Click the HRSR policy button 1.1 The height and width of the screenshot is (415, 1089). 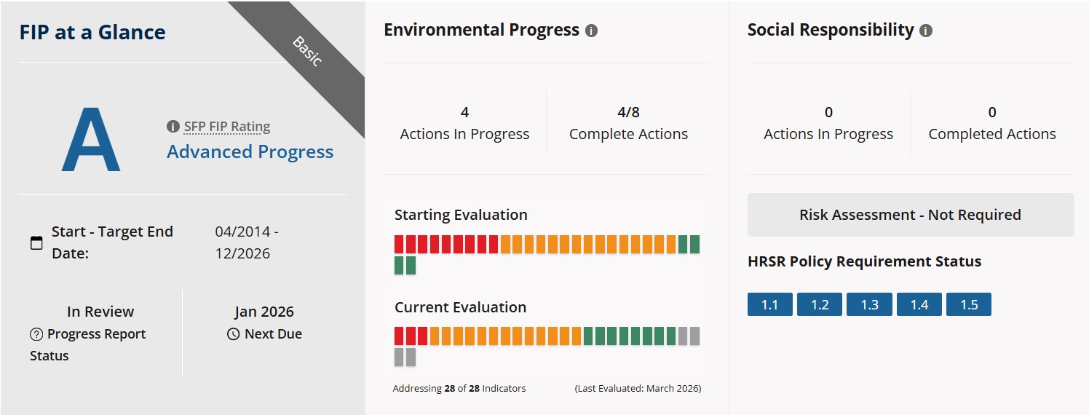coord(770,304)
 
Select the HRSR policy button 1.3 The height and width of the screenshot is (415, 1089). coord(869,304)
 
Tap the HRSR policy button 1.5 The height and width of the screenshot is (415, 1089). coord(969,304)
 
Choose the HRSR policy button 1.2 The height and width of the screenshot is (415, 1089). coord(820,304)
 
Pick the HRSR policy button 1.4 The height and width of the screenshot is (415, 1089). coord(919,304)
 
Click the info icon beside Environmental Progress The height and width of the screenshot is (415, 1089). coord(591,31)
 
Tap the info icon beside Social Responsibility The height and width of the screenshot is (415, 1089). coord(926,31)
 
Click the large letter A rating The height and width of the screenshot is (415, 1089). coord(91,139)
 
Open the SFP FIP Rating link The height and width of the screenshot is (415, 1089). coord(226,127)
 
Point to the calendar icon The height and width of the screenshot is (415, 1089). coord(36,242)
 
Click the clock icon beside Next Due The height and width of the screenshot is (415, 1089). coord(234,334)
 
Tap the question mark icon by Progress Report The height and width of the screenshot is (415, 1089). coord(36,334)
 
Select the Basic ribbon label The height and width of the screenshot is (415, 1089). coord(307,52)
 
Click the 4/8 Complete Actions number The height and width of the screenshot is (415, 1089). coord(628,112)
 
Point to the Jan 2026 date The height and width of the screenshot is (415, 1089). coord(264,312)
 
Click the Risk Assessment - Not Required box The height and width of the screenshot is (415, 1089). coord(911,215)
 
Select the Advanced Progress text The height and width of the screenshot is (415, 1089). coord(250,151)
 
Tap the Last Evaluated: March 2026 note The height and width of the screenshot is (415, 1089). coord(638,388)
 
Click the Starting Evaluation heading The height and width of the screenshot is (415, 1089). coord(461,215)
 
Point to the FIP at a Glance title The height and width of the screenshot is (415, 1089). coord(92,32)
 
